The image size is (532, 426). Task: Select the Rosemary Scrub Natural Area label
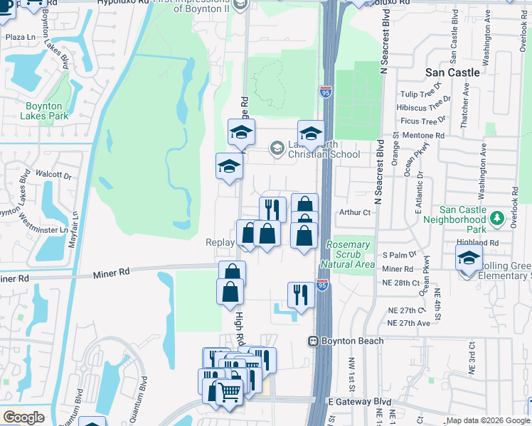(x=349, y=254)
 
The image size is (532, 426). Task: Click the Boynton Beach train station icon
(x=312, y=341)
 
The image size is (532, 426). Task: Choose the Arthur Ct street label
(x=356, y=212)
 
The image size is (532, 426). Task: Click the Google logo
(x=23, y=417)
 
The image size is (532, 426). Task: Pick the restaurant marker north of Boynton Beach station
(x=301, y=295)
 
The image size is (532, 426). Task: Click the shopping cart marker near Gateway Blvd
(x=229, y=390)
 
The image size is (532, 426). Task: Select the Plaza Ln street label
(x=20, y=37)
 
